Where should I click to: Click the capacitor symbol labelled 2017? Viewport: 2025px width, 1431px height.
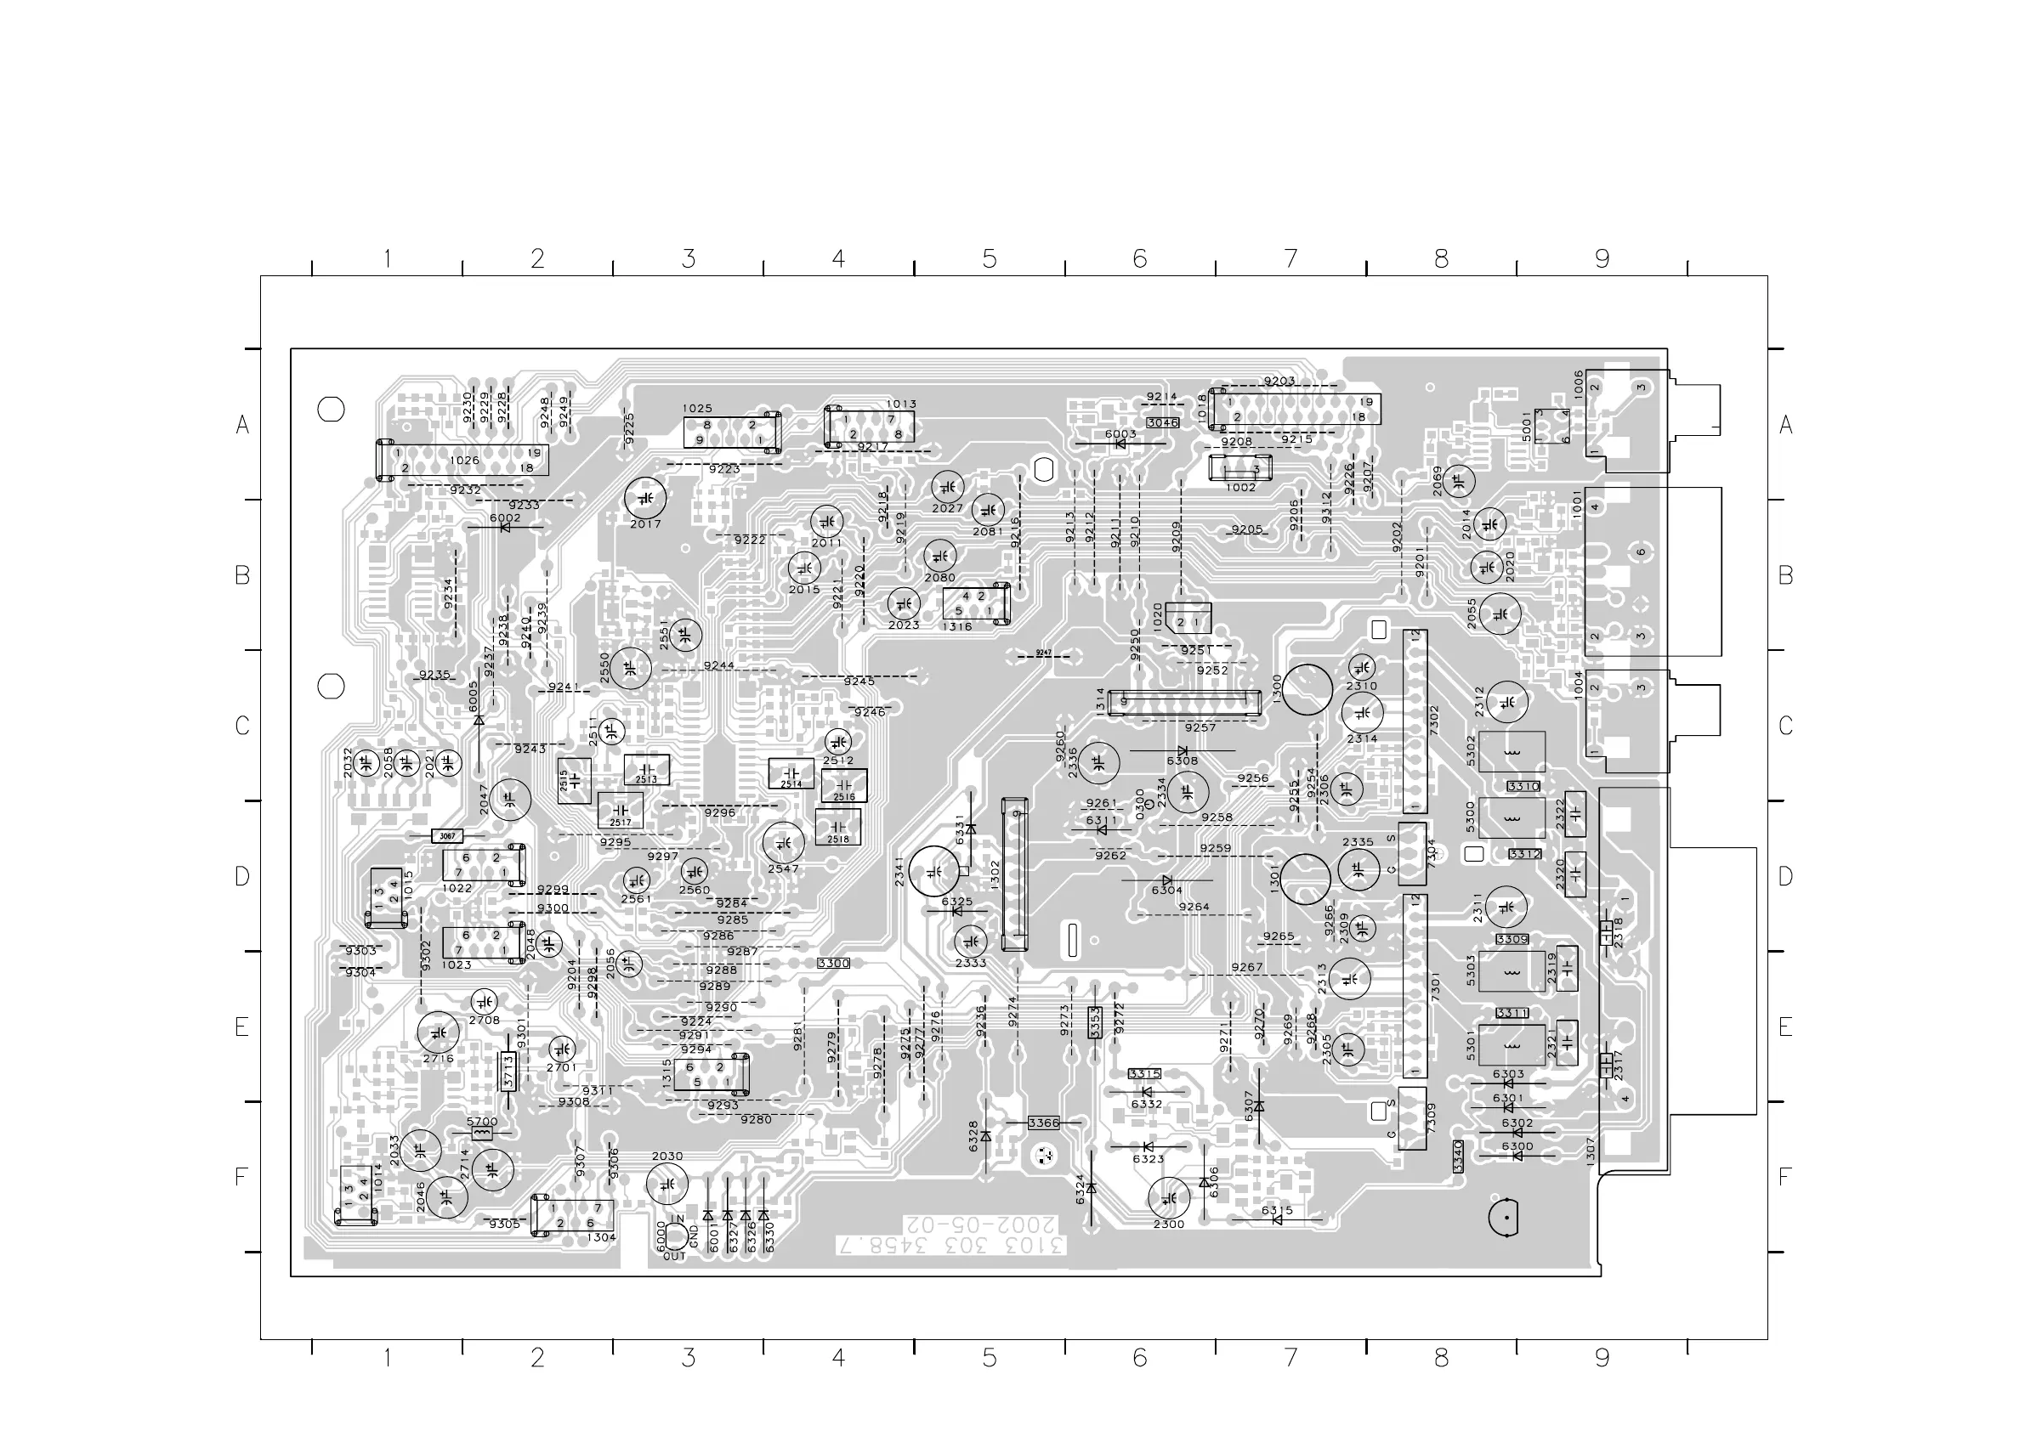pos(645,498)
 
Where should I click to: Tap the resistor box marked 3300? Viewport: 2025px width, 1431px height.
pos(833,963)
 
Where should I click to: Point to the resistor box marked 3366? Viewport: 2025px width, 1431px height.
pos(1043,1123)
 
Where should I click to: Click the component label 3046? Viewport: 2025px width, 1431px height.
pos(1162,422)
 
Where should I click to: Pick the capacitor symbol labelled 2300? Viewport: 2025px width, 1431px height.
pos(1170,1197)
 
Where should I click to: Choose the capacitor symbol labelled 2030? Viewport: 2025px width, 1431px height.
pos(666,1183)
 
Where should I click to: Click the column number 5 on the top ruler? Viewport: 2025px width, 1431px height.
pos(990,259)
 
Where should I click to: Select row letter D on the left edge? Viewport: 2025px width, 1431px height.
pos(242,876)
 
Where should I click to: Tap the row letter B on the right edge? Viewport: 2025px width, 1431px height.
pos(1786,575)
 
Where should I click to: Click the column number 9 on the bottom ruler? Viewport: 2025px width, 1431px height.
pos(1602,1358)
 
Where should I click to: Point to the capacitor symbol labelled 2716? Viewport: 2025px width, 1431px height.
pos(438,1032)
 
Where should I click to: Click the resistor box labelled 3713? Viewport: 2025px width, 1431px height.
pos(508,1072)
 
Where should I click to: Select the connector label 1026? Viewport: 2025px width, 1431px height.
pos(465,461)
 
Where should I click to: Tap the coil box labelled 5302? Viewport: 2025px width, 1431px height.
pos(1512,752)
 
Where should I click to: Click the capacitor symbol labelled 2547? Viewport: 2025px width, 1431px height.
pos(782,844)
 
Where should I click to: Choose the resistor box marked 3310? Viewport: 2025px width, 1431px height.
pos(1523,785)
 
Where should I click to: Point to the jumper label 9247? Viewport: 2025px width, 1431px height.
pos(1044,653)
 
